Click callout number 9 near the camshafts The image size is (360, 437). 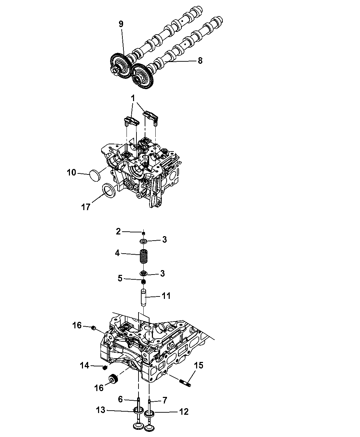[x=121, y=24]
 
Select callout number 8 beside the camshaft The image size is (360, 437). [x=200, y=61]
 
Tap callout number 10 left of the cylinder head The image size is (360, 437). [x=71, y=173]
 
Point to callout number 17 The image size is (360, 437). [x=86, y=207]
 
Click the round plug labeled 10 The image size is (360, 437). [x=95, y=176]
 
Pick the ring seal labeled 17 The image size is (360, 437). [x=109, y=191]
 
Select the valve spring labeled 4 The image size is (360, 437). [x=142, y=256]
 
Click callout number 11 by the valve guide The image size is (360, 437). [x=166, y=296]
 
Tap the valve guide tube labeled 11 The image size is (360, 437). [x=143, y=298]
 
